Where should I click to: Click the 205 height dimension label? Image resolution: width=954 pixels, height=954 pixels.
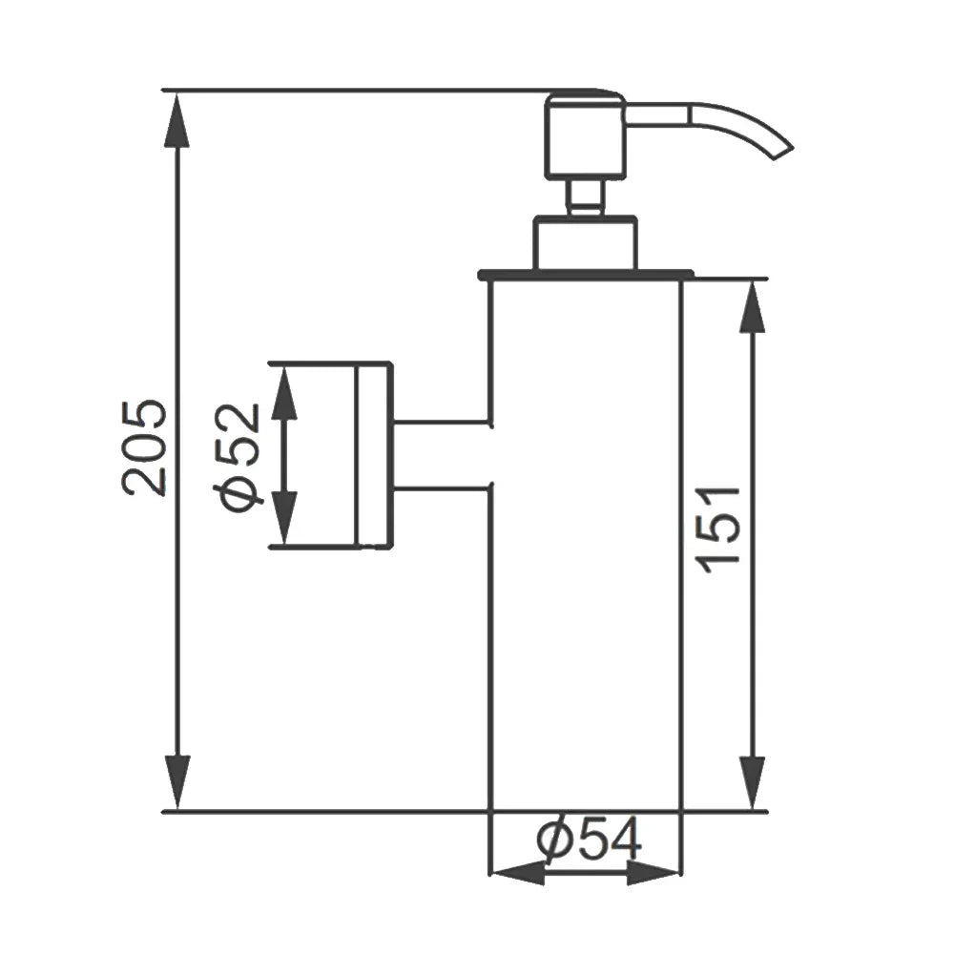pyautogui.click(x=144, y=447)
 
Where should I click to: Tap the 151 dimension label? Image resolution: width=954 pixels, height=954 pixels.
pyautogui.click(x=721, y=529)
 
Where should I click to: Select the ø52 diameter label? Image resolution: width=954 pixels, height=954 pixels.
pyautogui.click(x=238, y=458)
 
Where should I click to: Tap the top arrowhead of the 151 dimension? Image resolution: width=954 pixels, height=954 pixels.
pyautogui.click(x=753, y=306)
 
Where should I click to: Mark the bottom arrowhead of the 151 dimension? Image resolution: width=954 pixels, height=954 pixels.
pyautogui.click(x=754, y=783)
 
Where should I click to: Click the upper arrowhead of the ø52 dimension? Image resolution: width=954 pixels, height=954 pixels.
pyautogui.click(x=284, y=393)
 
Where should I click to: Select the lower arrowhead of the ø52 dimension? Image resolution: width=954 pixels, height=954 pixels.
pyautogui.click(x=284, y=516)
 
